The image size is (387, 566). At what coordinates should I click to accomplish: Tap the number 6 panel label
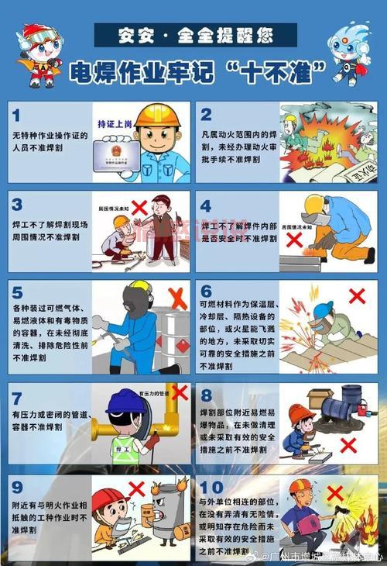pyautogui.click(x=206, y=292)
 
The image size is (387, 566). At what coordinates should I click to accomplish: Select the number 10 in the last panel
pyautogui.click(x=210, y=488)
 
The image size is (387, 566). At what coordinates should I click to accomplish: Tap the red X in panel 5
pyautogui.click(x=177, y=299)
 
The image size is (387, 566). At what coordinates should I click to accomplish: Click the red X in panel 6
pyautogui.click(x=357, y=295)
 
